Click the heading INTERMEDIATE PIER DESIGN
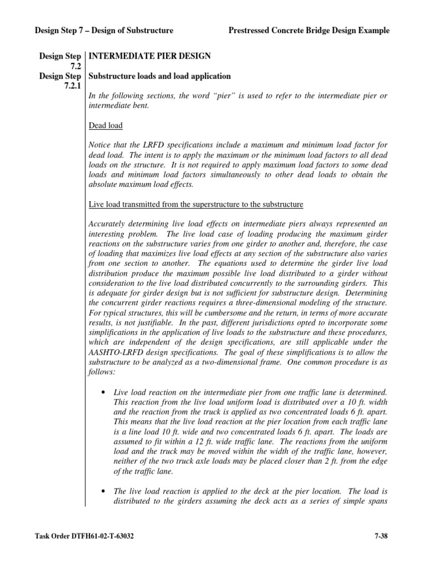[x=149, y=56]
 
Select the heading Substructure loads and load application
[x=160, y=76]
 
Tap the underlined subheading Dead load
[x=106, y=125]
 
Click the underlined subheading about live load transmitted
[x=196, y=205]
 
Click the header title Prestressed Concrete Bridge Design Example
[x=309, y=30]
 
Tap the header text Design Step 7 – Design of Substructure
[x=105, y=30]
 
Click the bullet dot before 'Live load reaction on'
[x=105, y=392]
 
